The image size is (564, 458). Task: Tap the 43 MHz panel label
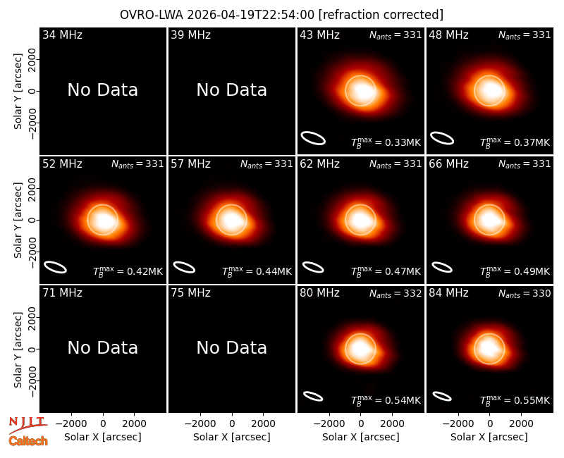(319, 35)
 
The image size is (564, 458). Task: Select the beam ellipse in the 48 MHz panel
(442, 138)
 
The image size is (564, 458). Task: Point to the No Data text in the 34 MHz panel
(102, 90)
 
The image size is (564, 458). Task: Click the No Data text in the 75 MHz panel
(232, 348)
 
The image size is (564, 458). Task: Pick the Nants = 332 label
(396, 294)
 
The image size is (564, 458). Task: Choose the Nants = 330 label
(525, 294)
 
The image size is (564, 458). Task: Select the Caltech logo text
(28, 441)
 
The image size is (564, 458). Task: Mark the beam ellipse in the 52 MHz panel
(56, 267)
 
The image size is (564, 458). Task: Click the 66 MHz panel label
(448, 164)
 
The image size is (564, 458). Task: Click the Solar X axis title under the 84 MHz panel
(489, 437)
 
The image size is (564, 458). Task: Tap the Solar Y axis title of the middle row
(18, 220)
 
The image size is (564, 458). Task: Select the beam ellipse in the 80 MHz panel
(313, 396)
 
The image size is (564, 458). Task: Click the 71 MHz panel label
(62, 293)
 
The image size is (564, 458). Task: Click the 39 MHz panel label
(190, 35)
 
